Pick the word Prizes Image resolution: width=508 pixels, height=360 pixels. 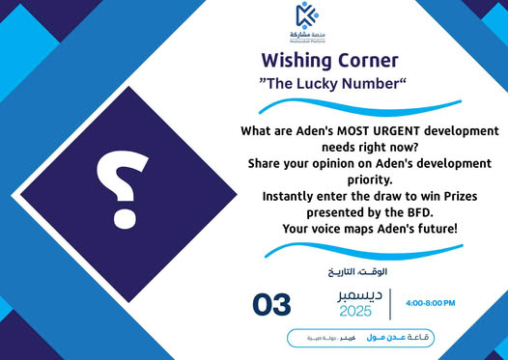pyautogui.click(x=467, y=196)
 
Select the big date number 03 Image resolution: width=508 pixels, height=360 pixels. pyautogui.click(x=271, y=305)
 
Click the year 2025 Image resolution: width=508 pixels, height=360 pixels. pyautogui.click(x=355, y=312)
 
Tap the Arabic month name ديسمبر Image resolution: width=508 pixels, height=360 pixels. pyautogui.click(x=355, y=294)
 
